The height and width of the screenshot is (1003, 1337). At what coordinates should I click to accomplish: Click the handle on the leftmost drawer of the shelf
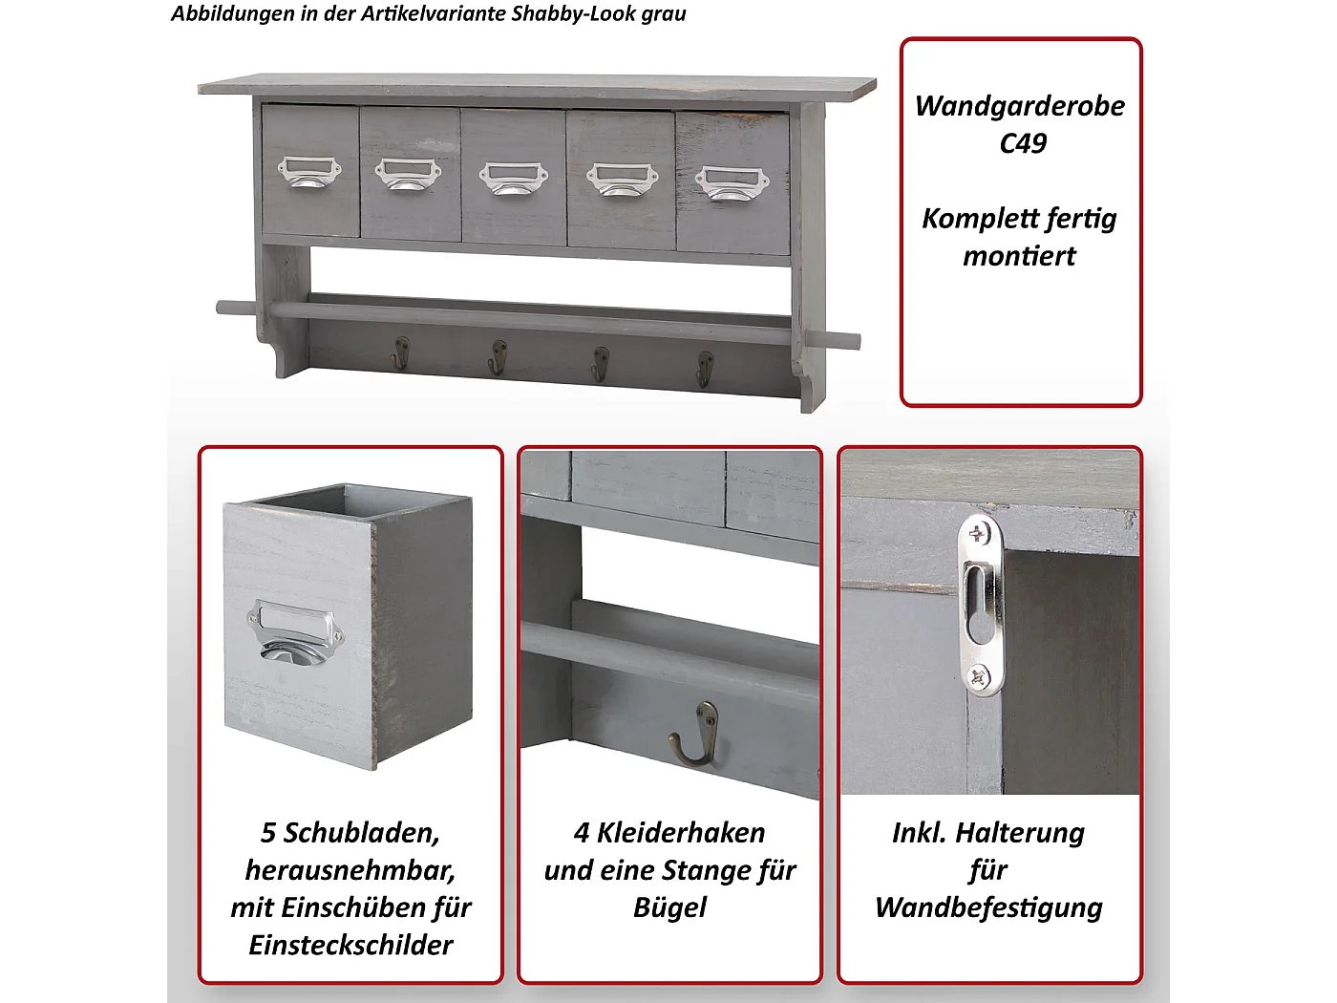click(x=309, y=173)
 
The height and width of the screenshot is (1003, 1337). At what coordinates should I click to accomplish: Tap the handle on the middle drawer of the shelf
click(x=513, y=178)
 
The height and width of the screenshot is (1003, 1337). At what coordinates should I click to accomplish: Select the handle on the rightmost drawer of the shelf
click(x=732, y=182)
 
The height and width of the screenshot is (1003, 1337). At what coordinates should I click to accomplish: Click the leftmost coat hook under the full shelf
click(x=400, y=352)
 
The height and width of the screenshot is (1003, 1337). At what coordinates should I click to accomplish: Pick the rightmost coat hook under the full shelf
click(x=705, y=368)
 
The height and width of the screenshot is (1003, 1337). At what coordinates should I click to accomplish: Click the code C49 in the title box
click(x=1023, y=143)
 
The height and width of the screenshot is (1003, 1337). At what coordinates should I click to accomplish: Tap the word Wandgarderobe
click(x=1020, y=106)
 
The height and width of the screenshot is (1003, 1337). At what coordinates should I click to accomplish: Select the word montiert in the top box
click(x=1019, y=256)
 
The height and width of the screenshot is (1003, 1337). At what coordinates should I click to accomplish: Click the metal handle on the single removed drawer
click(x=294, y=632)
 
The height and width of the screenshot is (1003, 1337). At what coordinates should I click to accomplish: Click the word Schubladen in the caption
click(x=362, y=833)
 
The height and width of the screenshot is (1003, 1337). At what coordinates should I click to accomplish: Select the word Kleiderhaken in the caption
click(x=681, y=833)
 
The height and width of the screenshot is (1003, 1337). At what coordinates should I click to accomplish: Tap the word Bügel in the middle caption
click(x=669, y=907)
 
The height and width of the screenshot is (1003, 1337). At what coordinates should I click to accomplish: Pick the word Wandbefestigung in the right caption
click(x=988, y=907)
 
